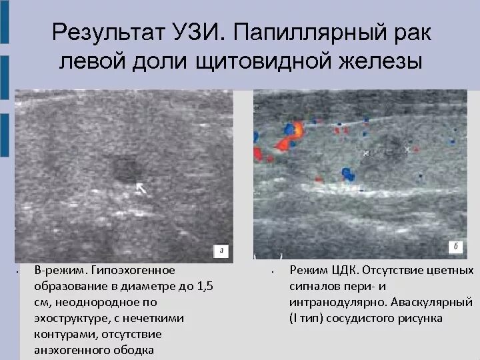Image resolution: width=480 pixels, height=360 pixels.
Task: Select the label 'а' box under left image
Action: click(x=222, y=251)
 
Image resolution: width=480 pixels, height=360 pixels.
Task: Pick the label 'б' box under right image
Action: click(x=455, y=247)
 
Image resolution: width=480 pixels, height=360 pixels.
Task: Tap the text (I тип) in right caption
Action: click(x=307, y=318)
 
